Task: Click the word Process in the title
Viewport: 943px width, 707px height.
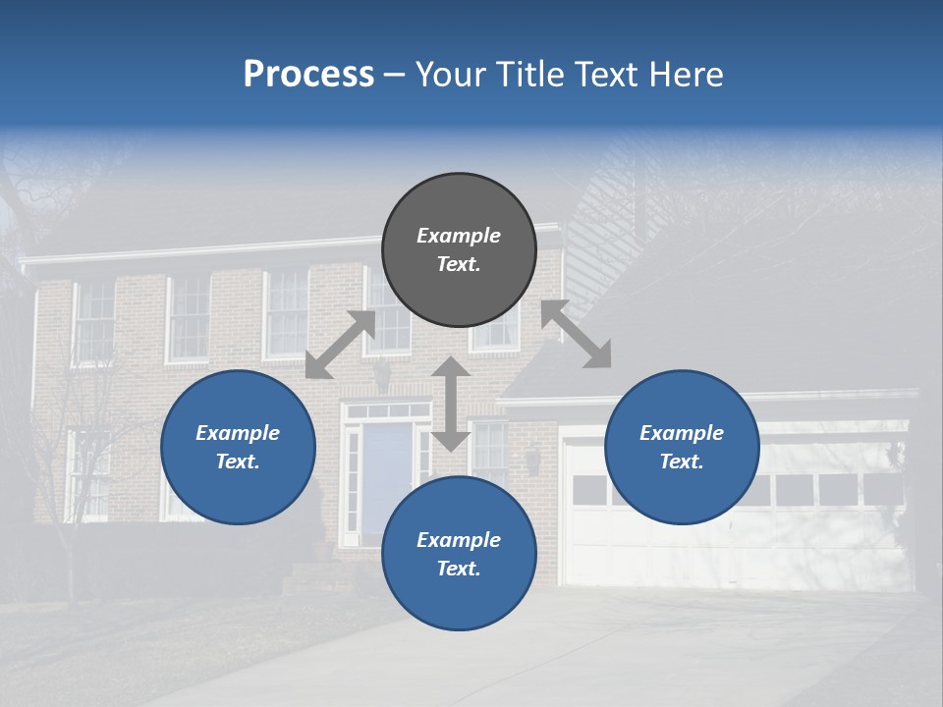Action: coord(308,75)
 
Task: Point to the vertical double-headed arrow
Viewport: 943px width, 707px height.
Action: coord(451,404)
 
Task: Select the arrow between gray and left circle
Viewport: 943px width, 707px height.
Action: coord(340,345)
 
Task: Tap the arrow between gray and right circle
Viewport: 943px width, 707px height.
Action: coord(576,334)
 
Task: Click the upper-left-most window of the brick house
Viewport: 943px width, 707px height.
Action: coord(95,320)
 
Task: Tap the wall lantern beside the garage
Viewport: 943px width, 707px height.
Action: coord(532,459)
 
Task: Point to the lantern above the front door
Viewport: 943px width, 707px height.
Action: coord(381,374)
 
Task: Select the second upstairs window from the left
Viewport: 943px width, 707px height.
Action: coord(190,316)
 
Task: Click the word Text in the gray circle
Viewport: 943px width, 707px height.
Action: coord(459,264)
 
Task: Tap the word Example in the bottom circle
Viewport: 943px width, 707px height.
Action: coord(459,539)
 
